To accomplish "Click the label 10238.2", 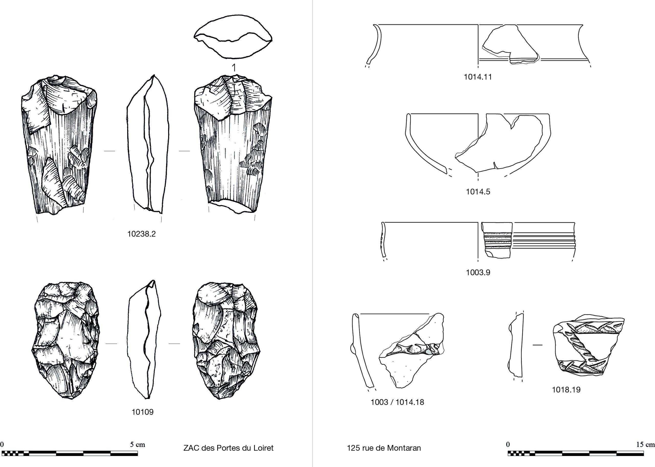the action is point(141,234).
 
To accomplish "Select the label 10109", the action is point(143,412).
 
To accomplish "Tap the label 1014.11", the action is point(478,77).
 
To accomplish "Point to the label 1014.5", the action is point(478,192).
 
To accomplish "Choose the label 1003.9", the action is point(478,272).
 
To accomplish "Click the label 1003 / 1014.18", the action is point(397,402).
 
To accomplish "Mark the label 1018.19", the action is point(566,390).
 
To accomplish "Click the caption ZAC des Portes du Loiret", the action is point(228,448).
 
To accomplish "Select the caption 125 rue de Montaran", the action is point(384,448).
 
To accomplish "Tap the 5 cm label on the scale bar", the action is point(138,444).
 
